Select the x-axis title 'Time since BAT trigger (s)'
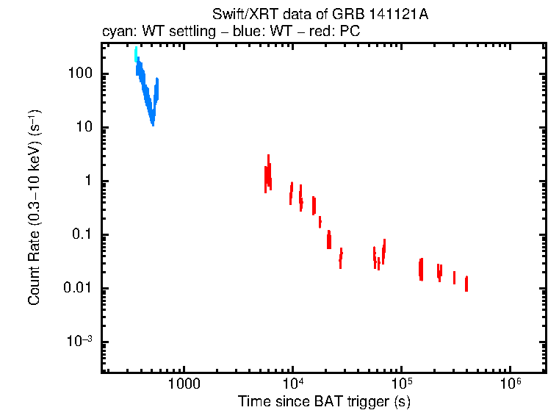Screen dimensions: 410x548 [x=324, y=400]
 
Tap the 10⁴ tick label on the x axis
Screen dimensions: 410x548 [x=292, y=385]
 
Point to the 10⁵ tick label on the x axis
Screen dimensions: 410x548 [x=401, y=385]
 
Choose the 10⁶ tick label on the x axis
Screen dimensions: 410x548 [x=510, y=385]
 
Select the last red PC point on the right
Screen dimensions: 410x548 [x=466, y=284]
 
